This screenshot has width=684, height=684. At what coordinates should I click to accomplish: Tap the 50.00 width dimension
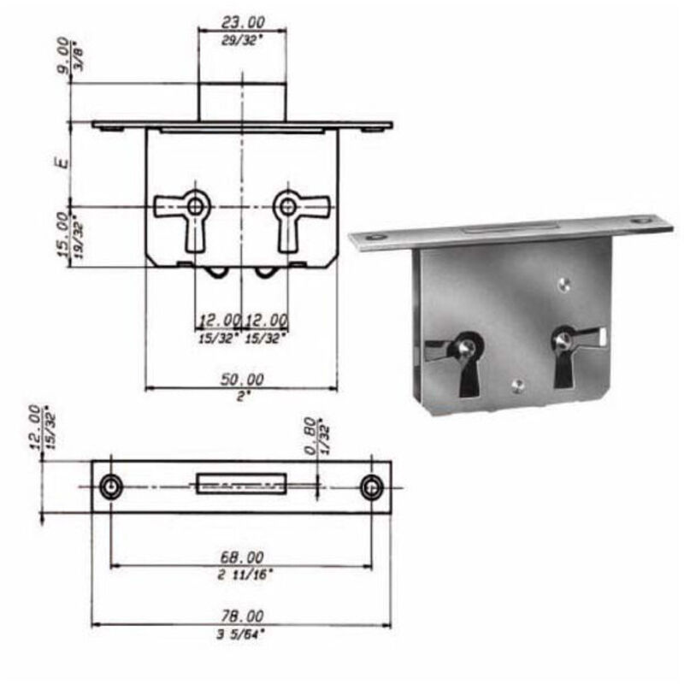pyautogui.click(x=243, y=379)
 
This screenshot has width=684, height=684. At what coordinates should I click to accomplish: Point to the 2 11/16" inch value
pyautogui.click(x=243, y=575)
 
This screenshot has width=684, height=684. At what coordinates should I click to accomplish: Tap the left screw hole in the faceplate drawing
pyautogui.click(x=110, y=487)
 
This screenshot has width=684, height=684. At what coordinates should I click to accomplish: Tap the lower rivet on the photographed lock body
pyautogui.click(x=516, y=385)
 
